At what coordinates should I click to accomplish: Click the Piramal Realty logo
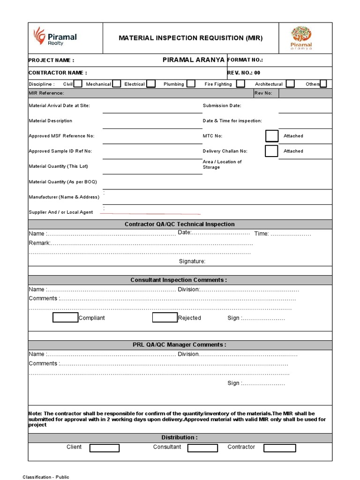pyautogui.click(x=54, y=37)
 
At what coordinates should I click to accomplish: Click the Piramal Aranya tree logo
pyautogui.click(x=301, y=38)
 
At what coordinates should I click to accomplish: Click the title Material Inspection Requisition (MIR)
pyautogui.click(x=190, y=37)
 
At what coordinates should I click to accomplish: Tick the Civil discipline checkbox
pyautogui.click(x=78, y=84)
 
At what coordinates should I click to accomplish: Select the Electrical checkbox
pyautogui.click(x=150, y=84)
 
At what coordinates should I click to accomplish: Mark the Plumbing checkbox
pyautogui.click(x=191, y=84)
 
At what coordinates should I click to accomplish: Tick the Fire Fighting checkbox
pyautogui.click(x=240, y=84)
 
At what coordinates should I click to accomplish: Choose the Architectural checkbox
pyautogui.click(x=290, y=84)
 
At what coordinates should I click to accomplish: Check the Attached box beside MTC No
pyautogui.click(x=271, y=136)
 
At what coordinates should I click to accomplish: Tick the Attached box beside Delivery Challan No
pyautogui.click(x=271, y=151)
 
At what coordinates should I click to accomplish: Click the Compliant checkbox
pyautogui.click(x=65, y=318)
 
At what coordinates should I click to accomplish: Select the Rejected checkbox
pyautogui.click(x=165, y=318)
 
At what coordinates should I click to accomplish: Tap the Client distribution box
pyautogui.click(x=105, y=448)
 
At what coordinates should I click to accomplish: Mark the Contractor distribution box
pyautogui.click(x=279, y=448)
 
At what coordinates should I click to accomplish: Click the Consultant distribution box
pyautogui.click(x=202, y=448)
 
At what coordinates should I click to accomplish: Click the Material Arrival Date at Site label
pyautogui.click(x=59, y=105)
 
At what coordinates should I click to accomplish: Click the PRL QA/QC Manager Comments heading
pyautogui.click(x=180, y=345)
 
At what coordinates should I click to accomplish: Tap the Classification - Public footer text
pyautogui.click(x=46, y=477)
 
